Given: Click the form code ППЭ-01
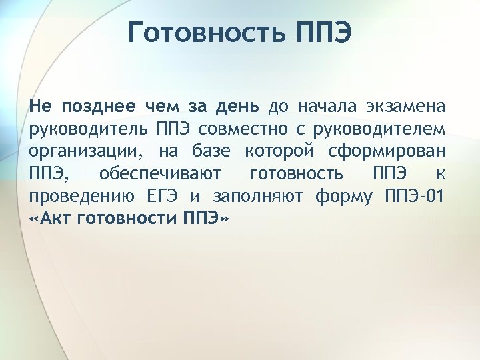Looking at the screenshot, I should pyautogui.click(x=416, y=197).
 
